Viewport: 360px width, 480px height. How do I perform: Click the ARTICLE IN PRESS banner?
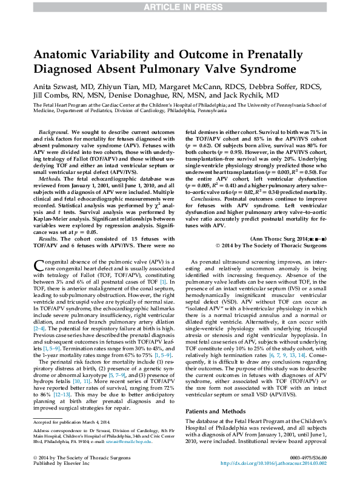pyautogui.click(x=179, y=7)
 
